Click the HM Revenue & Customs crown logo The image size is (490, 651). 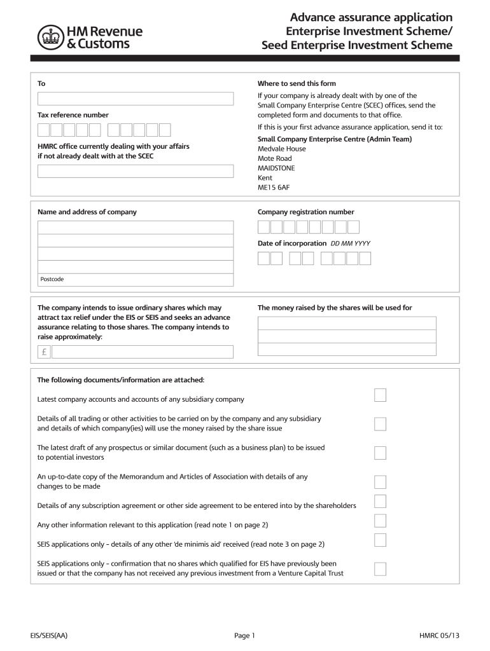coord(49,38)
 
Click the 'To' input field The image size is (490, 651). coord(135,99)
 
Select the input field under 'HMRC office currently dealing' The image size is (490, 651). coord(135,172)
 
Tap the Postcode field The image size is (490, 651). coord(135,279)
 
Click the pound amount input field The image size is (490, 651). coord(135,352)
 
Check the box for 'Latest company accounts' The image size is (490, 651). coord(380,395)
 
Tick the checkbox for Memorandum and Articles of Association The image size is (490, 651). coord(380,481)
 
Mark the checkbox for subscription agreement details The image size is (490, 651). coord(380,502)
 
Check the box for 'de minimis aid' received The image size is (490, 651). coord(380,540)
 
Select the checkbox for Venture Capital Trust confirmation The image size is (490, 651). coord(380,568)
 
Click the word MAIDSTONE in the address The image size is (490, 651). coord(276,168)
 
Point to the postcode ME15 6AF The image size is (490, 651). coord(274,188)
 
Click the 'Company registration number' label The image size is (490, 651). coord(305,212)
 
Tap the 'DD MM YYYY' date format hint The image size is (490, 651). coord(350,243)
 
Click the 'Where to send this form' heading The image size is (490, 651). coord(297,83)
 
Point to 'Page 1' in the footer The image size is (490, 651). coord(244,635)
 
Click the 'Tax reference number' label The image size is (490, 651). coord(73,115)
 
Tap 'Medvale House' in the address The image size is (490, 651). coord(281,149)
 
